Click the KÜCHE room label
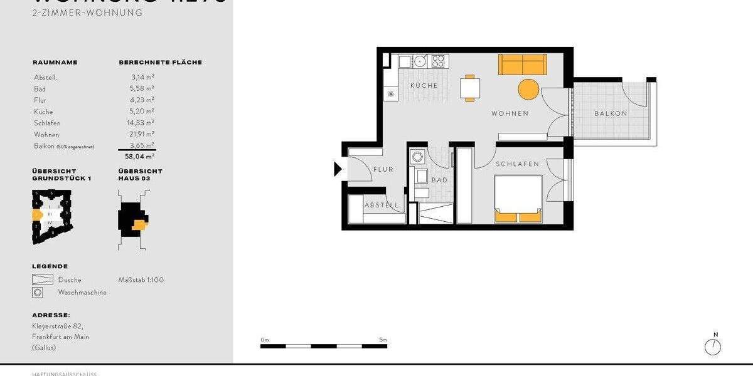[x=424, y=85]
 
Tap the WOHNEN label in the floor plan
[x=510, y=114]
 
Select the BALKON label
[x=611, y=114]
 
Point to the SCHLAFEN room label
[x=517, y=164]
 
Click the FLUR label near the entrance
[x=383, y=170]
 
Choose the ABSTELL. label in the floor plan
[x=383, y=206]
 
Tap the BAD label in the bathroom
[x=439, y=180]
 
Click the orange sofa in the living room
[x=523, y=65]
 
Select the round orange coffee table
[x=528, y=89]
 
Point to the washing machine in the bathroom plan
[x=417, y=157]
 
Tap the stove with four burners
[x=438, y=61]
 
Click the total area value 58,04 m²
[x=139, y=157]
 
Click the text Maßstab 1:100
[x=141, y=280]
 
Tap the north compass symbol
[x=713, y=347]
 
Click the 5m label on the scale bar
[x=383, y=340]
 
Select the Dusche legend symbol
[x=42, y=280]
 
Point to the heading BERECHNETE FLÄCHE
[x=160, y=63]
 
